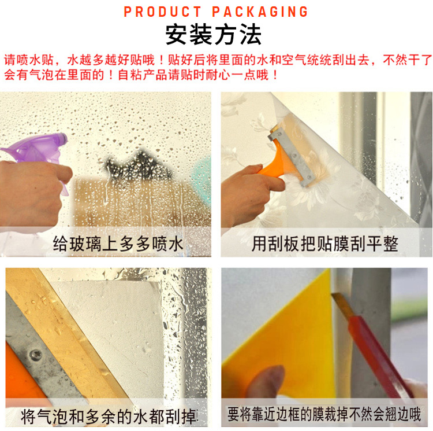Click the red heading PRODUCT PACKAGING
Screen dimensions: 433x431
(x=216, y=12)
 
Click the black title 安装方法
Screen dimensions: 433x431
(x=214, y=34)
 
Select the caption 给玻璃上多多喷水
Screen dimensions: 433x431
(x=118, y=244)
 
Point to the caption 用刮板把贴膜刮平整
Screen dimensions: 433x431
(x=324, y=244)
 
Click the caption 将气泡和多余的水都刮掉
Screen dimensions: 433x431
(x=109, y=417)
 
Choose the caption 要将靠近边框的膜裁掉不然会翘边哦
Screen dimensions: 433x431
(x=324, y=414)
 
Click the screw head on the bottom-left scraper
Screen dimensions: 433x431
(x=35, y=355)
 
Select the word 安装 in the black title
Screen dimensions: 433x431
(x=189, y=34)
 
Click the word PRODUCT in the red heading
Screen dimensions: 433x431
(x=163, y=12)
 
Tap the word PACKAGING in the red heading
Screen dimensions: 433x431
(x=260, y=12)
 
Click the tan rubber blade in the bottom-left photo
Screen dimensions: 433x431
(x=66, y=332)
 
